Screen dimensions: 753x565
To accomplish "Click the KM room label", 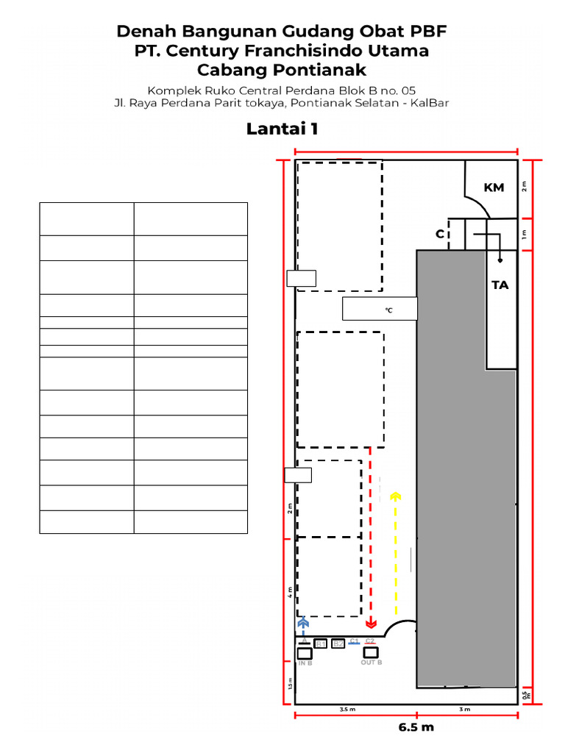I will [x=494, y=188].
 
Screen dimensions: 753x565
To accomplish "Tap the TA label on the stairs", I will [x=500, y=285].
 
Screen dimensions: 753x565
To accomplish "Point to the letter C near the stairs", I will [x=440, y=234].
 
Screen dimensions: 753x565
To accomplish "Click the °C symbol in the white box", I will [x=388, y=310].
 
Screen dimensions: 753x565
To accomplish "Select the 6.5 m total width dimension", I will [x=416, y=727].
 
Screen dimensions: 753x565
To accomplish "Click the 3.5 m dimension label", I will [x=347, y=710].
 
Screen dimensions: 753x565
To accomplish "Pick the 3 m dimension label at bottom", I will [x=464, y=710].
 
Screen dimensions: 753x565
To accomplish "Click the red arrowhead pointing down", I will [x=371, y=624].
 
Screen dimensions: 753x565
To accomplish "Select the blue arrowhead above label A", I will [x=303, y=623].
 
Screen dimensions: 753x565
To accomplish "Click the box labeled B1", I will [x=320, y=644].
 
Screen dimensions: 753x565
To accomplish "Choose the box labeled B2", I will [x=338, y=644].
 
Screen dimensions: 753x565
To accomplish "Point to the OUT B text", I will [x=371, y=663].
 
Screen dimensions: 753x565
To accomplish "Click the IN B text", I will [x=305, y=663].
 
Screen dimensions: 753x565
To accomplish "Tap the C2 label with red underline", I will [x=369, y=640].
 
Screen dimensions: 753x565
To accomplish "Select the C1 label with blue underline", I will [x=354, y=640].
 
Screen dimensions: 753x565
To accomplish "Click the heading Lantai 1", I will [x=282, y=129].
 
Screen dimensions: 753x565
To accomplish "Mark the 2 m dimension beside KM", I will [x=525, y=185].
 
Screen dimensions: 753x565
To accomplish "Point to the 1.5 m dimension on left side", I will [x=290, y=684].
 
